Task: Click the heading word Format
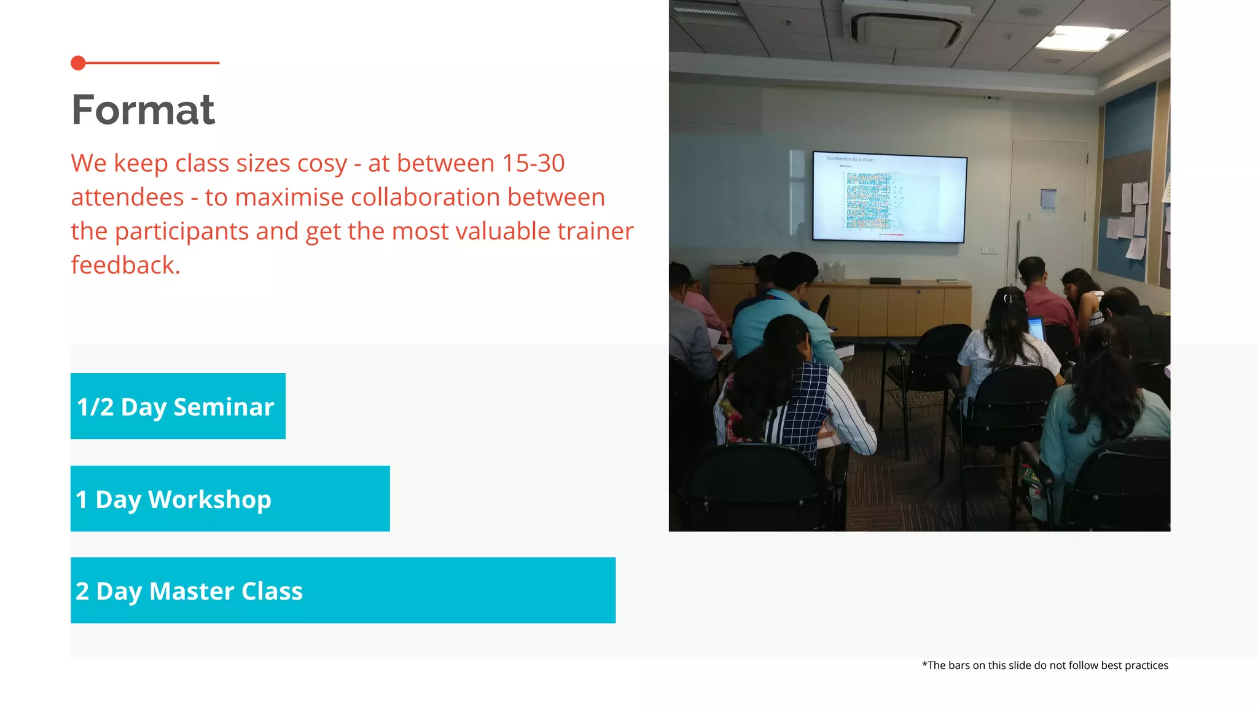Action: [x=143, y=110]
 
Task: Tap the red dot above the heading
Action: [x=78, y=63]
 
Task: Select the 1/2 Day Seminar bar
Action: [x=178, y=406]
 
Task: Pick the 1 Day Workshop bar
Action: [x=230, y=499]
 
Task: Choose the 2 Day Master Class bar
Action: [x=343, y=590]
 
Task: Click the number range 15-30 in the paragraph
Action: [x=533, y=164]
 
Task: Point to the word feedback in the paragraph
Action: [x=125, y=265]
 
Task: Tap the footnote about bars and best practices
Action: [x=1044, y=665]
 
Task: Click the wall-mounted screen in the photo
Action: [x=889, y=197]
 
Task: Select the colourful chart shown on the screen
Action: [x=868, y=200]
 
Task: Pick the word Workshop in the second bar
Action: [x=209, y=500]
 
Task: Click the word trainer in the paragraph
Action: [x=595, y=231]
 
